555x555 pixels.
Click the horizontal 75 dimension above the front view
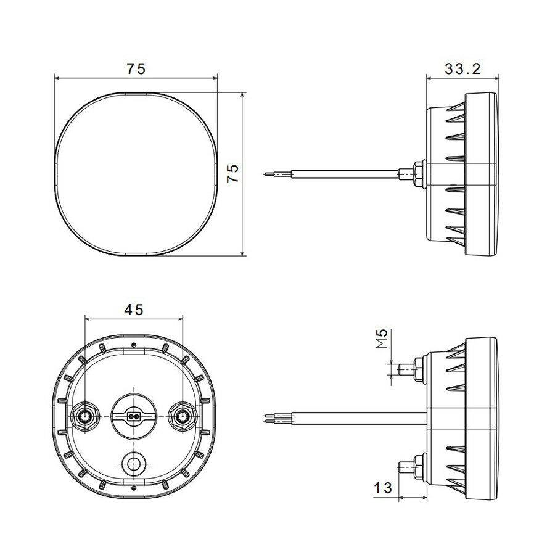point(136,69)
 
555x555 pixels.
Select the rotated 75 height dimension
point(232,173)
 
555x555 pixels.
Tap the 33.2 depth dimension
point(462,69)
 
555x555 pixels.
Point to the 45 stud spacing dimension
point(134,310)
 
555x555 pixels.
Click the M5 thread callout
point(383,339)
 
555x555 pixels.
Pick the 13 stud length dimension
point(383,488)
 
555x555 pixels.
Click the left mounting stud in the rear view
point(84,417)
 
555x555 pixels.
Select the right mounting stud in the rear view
point(183,417)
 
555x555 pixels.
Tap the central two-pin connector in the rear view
point(133,417)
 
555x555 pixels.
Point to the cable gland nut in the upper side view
point(419,174)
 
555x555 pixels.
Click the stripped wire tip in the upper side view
point(270,175)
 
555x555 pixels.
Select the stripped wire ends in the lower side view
point(271,418)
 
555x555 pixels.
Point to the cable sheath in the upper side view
point(345,175)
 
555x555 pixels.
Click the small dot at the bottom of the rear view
point(134,489)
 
